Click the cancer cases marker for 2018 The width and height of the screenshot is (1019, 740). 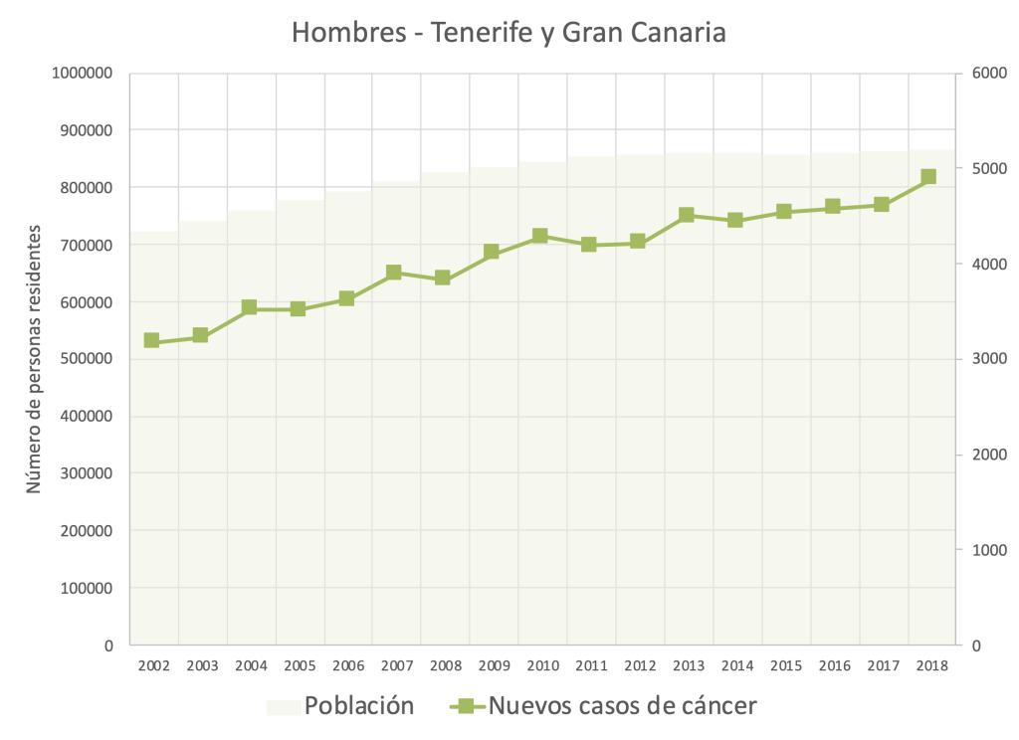(x=928, y=177)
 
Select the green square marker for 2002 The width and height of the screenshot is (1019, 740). (x=151, y=340)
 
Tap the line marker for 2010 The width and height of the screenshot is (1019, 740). (x=539, y=236)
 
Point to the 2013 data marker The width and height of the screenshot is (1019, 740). (x=686, y=215)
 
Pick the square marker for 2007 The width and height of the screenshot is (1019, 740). (x=394, y=273)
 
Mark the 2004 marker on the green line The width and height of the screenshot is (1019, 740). (x=249, y=308)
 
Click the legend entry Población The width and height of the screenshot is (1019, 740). (x=358, y=706)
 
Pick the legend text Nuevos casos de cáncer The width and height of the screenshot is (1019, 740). (x=622, y=706)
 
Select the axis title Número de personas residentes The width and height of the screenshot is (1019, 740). (x=36, y=359)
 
